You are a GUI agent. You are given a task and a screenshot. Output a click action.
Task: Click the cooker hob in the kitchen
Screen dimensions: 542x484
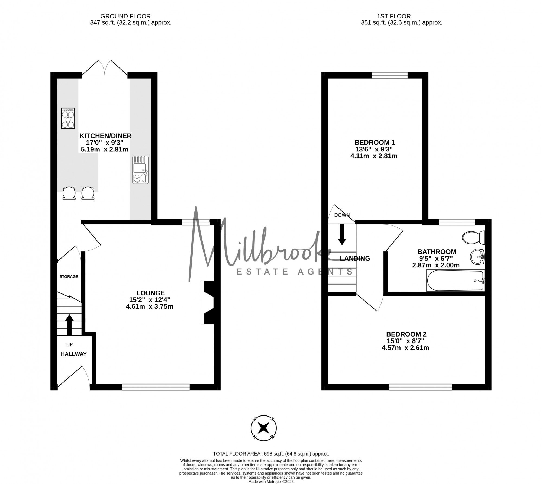click(x=68, y=118)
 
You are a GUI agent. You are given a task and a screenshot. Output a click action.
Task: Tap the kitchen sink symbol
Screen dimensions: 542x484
click(x=140, y=170)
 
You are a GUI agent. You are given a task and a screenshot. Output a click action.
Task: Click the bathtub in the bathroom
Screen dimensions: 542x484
click(x=455, y=280)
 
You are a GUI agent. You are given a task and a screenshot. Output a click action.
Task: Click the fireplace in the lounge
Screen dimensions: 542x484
click(x=207, y=302)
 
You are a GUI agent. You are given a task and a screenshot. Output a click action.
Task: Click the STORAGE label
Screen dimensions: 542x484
click(x=69, y=276)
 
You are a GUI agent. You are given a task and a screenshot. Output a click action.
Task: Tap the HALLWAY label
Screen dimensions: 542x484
click(x=74, y=354)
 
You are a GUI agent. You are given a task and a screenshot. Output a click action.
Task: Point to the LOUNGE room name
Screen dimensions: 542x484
click(x=150, y=293)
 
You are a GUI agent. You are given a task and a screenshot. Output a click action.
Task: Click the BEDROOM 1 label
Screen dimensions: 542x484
click(x=375, y=142)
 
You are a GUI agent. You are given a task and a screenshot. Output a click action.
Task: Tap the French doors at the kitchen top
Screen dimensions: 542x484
click(x=105, y=68)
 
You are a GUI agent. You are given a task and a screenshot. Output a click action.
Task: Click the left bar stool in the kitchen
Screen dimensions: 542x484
click(x=69, y=193)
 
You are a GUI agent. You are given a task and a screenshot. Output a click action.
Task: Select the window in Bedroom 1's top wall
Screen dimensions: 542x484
click(x=390, y=75)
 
